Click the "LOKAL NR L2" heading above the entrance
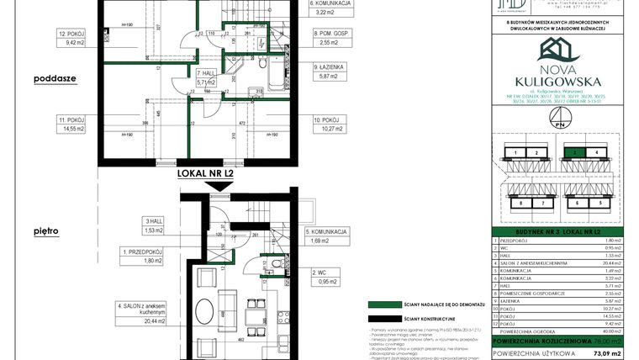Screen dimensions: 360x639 tap(205, 174)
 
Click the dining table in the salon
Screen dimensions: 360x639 tap(252, 315)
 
